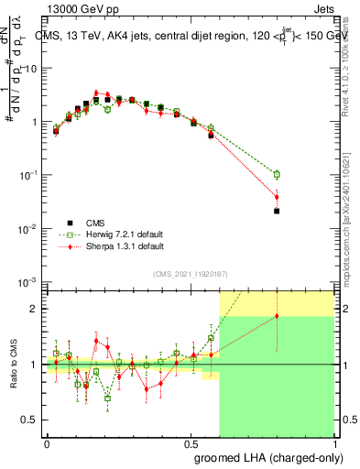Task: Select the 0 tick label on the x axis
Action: tap(47, 442)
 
